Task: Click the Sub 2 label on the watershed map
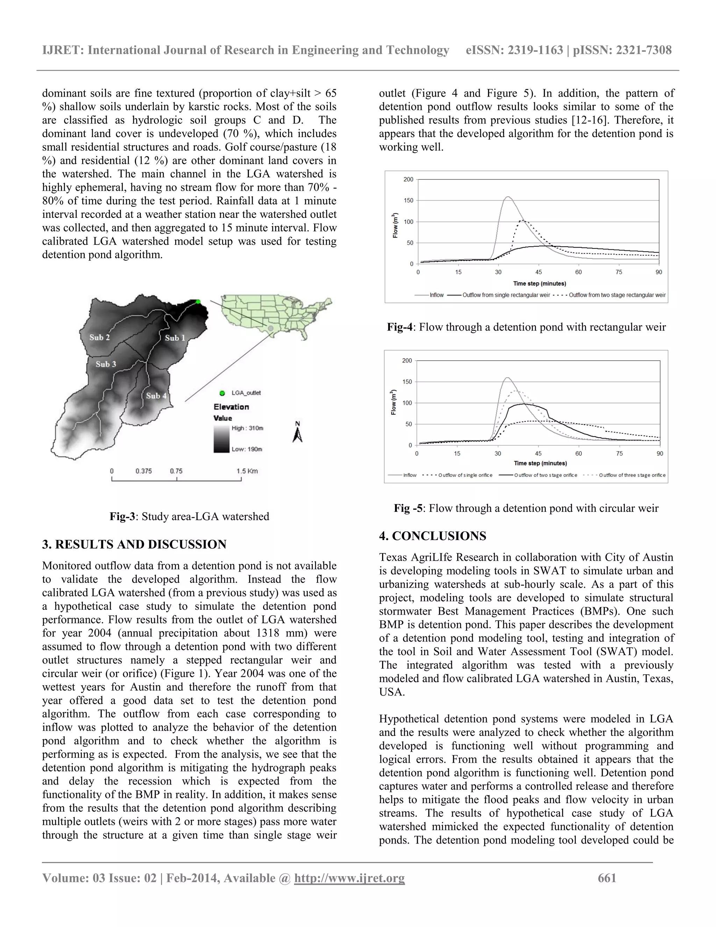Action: [x=99, y=338]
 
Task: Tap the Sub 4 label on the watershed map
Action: [x=156, y=396]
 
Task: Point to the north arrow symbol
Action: [x=298, y=432]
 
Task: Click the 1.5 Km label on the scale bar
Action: [x=247, y=471]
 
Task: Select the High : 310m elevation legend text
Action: [x=247, y=428]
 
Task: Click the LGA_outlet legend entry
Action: [x=245, y=392]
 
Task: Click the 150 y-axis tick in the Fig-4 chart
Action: [x=408, y=200]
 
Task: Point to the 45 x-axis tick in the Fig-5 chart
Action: [x=538, y=453]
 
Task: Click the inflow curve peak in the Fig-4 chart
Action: [x=508, y=197]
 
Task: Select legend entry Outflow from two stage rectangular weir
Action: [x=617, y=295]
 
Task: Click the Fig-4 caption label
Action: [x=399, y=327]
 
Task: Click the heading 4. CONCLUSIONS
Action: [x=433, y=536]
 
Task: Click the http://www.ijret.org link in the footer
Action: [x=349, y=878]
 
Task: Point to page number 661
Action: [x=607, y=878]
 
